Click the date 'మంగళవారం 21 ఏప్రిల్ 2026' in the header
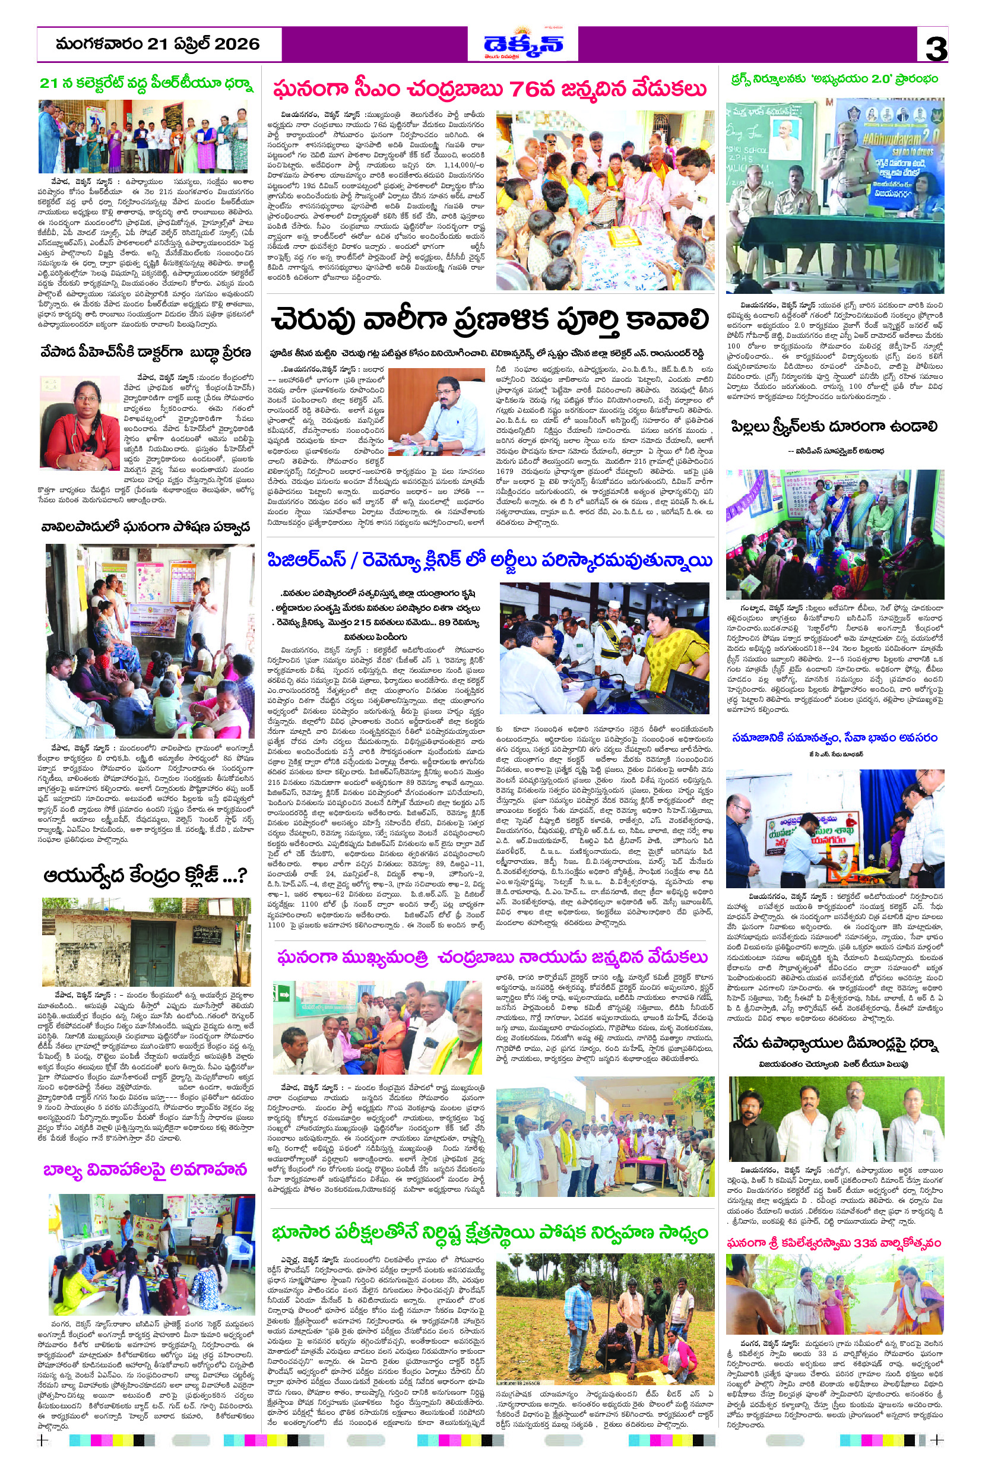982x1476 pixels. click(x=158, y=44)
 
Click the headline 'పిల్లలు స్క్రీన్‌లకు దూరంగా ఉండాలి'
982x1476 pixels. click(x=834, y=427)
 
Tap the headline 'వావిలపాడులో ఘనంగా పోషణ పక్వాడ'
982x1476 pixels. click(x=145, y=526)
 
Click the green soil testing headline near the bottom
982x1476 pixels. click(x=490, y=1233)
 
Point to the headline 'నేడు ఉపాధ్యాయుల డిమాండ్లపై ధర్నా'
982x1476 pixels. click(x=834, y=1044)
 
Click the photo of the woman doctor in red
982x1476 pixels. click(x=80, y=414)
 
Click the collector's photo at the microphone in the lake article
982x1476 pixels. click(x=436, y=411)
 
